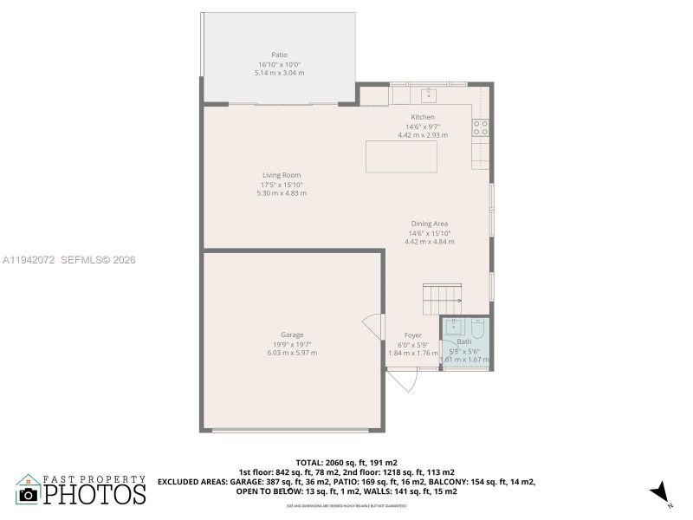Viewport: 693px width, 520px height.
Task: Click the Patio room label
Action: (279, 55)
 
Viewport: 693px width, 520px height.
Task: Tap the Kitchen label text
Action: (423, 117)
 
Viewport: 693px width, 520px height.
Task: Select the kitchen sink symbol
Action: (428, 94)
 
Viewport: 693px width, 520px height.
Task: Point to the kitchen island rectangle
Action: (401, 157)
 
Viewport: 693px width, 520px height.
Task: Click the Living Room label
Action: (282, 175)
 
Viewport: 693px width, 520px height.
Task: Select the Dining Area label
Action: (429, 224)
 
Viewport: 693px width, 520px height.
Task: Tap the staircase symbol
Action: (436, 299)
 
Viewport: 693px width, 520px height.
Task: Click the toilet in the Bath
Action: (478, 330)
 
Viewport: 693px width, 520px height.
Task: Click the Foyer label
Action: (413, 335)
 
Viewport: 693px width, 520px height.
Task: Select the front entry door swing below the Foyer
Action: (402, 380)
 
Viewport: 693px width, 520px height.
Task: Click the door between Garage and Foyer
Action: (372, 326)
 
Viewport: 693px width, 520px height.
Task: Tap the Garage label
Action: (292, 335)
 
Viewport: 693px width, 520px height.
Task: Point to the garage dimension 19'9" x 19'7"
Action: (292, 344)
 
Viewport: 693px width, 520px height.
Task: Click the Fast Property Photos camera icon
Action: (29, 494)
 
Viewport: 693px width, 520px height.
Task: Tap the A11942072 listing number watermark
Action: (29, 259)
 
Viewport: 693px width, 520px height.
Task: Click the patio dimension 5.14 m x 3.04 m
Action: (279, 73)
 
